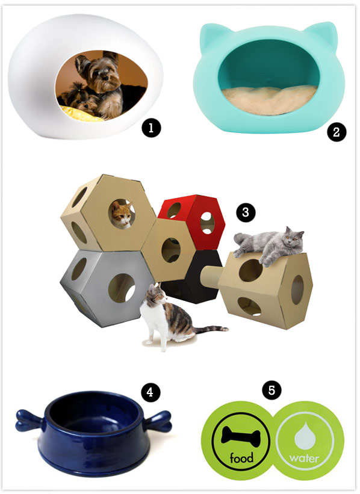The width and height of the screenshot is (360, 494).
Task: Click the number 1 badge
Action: point(151,128)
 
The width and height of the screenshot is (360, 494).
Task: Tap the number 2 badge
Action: point(336,132)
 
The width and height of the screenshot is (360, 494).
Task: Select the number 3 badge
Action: point(246,212)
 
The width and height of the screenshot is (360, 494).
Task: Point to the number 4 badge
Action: point(151,392)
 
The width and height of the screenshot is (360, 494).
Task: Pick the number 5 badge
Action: point(272,391)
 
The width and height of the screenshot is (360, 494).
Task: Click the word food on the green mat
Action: point(241,457)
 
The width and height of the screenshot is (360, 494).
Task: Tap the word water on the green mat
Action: point(304,458)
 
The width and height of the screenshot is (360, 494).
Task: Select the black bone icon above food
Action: point(241,435)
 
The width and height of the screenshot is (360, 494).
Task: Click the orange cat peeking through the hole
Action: point(122,214)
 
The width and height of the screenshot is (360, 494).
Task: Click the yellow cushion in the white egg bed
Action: point(81,113)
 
